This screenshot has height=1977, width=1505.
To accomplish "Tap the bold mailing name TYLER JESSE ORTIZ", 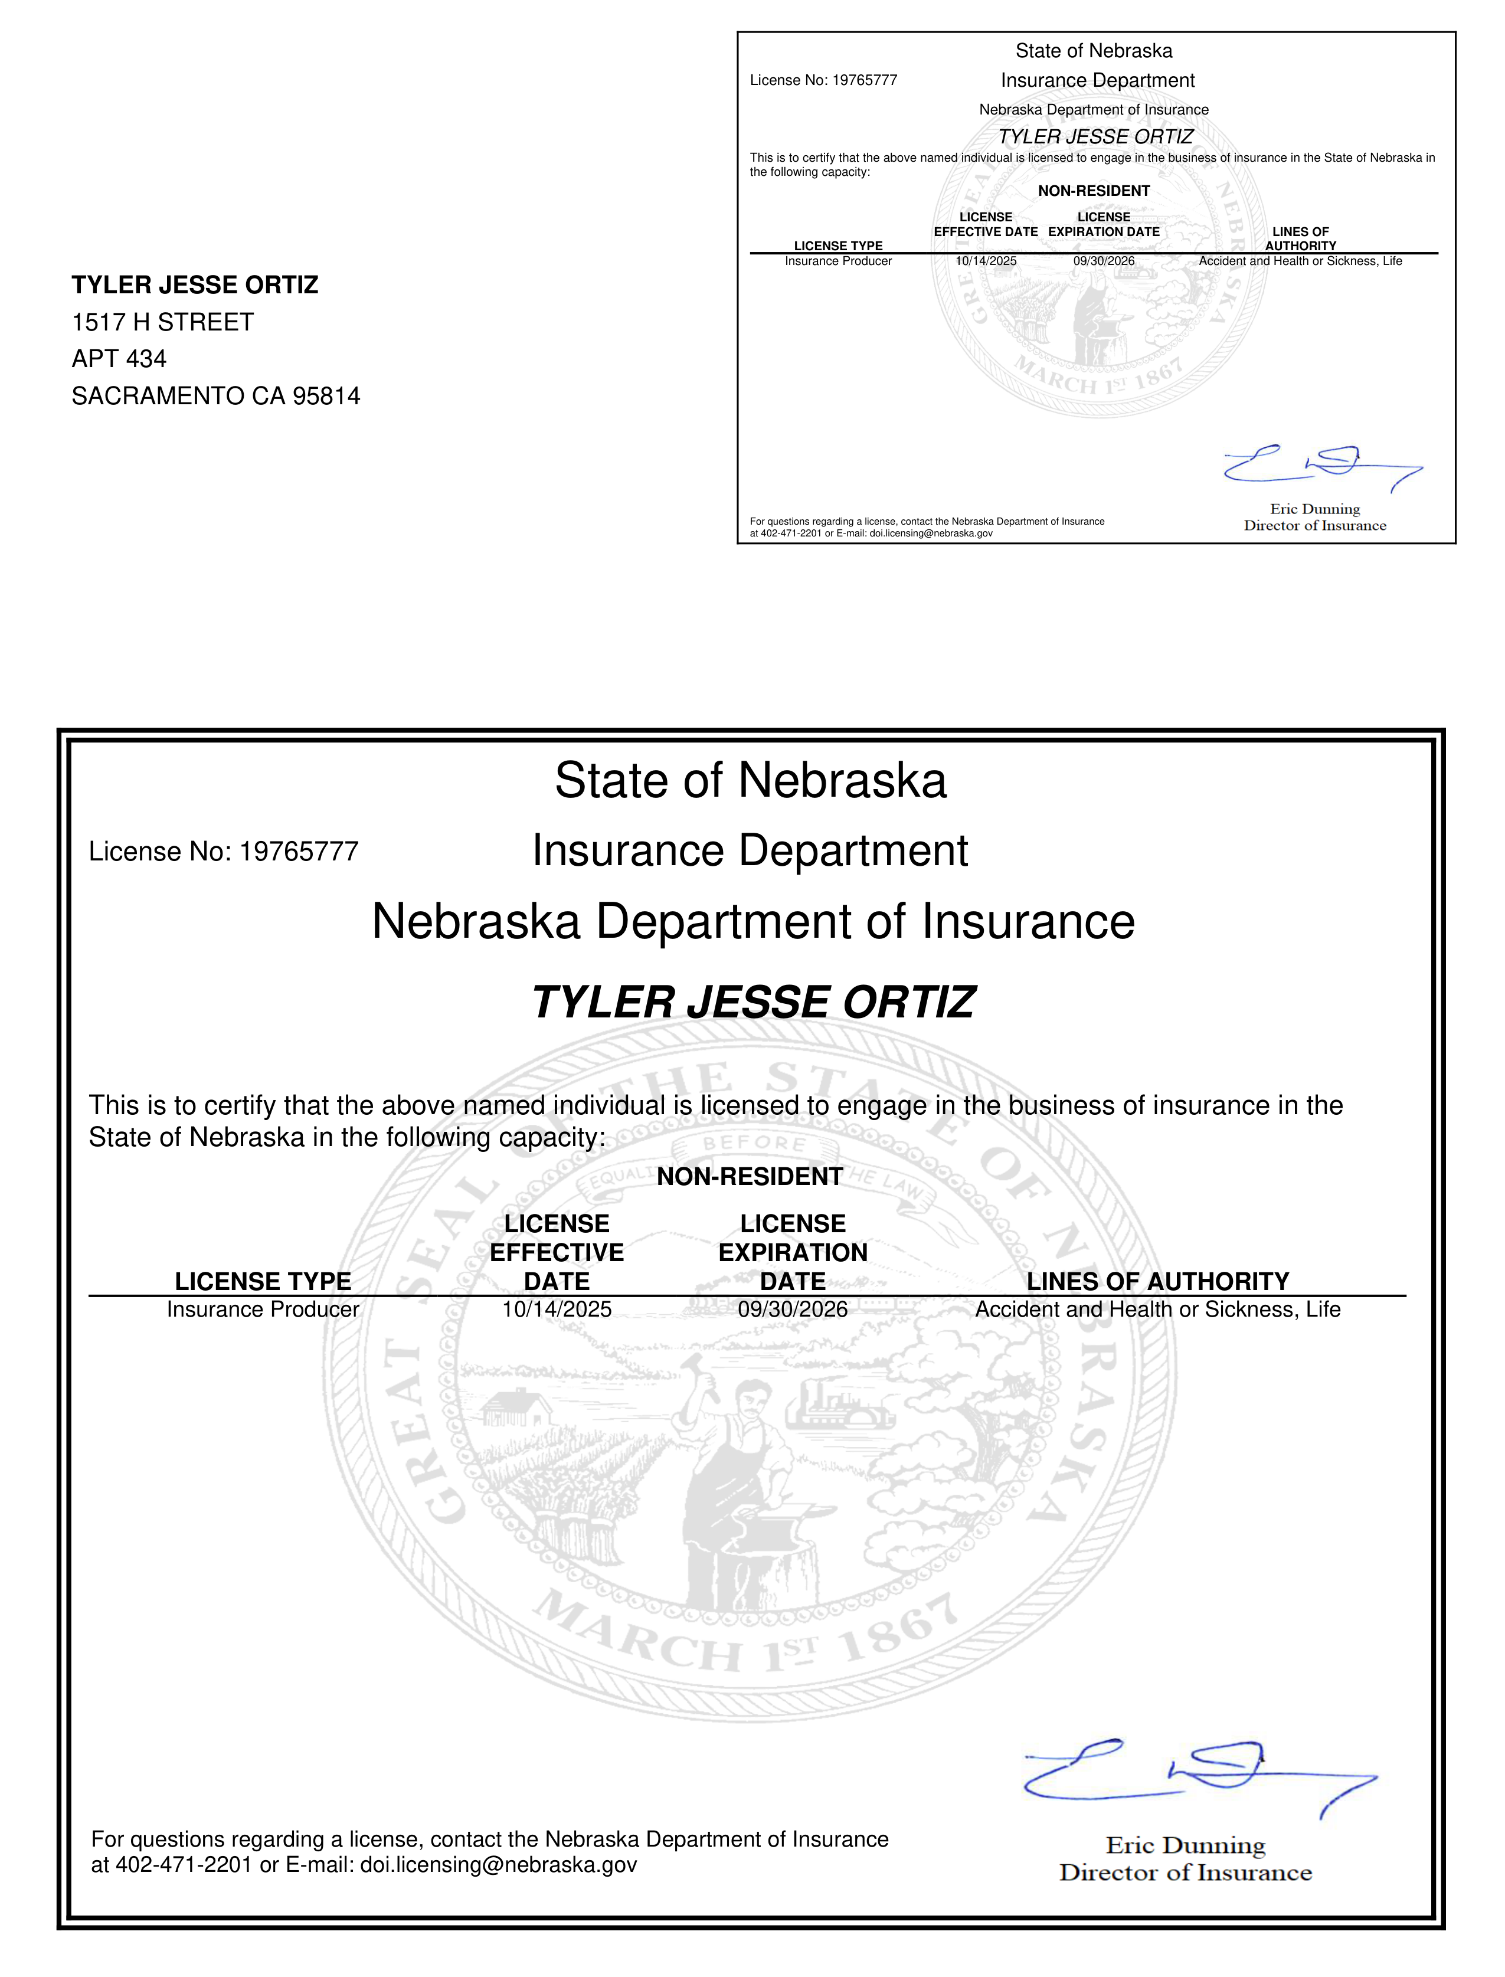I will click(194, 285).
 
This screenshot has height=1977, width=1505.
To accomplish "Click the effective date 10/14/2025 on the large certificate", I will click(557, 1310).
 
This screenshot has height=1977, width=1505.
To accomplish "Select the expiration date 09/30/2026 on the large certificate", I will click(792, 1310).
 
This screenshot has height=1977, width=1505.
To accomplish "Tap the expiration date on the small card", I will click(1104, 261).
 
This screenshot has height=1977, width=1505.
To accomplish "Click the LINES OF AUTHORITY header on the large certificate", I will click(1157, 1281).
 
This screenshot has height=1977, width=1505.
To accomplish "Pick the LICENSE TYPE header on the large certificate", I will click(263, 1281).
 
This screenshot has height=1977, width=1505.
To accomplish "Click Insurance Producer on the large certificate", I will click(263, 1310).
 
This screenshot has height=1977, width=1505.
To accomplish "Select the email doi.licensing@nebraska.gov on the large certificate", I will click(498, 1865).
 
